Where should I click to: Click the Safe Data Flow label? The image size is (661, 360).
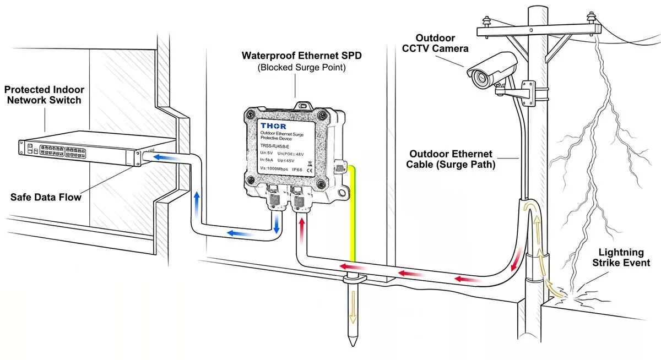point(45,197)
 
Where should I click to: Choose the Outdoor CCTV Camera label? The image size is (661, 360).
point(435,43)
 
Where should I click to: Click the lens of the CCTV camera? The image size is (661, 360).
point(479,78)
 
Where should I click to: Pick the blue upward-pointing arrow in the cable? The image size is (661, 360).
point(196,202)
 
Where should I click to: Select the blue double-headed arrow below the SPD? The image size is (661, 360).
point(276,223)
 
